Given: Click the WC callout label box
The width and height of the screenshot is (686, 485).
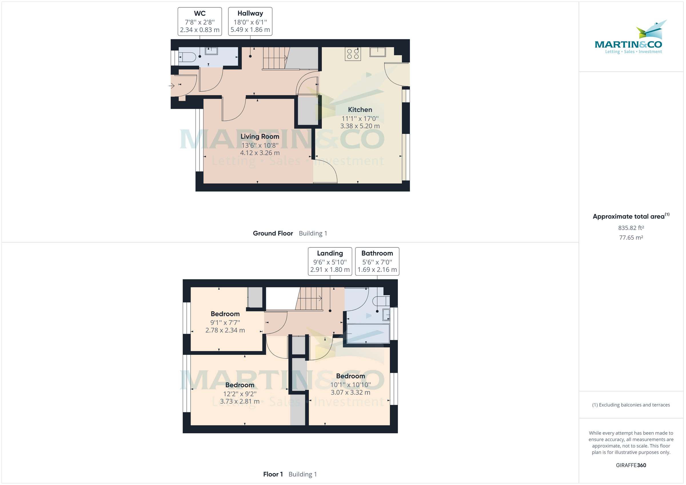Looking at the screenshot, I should pos(200,21).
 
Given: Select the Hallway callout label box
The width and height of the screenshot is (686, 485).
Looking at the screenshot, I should pos(250,21).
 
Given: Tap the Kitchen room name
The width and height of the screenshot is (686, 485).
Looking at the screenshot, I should pos(360,110).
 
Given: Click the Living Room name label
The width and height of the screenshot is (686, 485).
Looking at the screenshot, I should pos(260,137).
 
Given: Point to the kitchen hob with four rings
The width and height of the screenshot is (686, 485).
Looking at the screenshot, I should pos(353,54).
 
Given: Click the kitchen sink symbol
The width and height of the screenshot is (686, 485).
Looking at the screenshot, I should pos(378,52).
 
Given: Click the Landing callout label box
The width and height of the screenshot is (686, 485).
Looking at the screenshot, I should pos(330,261).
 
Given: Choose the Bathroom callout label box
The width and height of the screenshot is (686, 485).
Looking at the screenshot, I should pos(377,261).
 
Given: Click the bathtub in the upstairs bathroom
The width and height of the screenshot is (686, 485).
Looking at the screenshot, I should pos(368,334).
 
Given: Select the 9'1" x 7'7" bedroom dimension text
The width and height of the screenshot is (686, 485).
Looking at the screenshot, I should pos(225,322).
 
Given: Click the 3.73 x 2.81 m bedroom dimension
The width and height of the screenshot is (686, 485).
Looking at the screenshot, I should pos(240,401).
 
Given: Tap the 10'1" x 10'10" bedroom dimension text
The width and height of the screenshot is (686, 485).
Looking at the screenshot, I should pos(350,385).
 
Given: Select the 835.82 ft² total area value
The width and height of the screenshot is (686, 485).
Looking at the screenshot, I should pos(631,228).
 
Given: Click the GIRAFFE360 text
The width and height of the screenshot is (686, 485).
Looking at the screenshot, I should pos(631,465).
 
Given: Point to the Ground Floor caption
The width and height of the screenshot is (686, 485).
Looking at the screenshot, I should pos(273,233).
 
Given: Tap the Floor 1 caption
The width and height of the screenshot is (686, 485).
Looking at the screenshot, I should pos(273,474).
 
